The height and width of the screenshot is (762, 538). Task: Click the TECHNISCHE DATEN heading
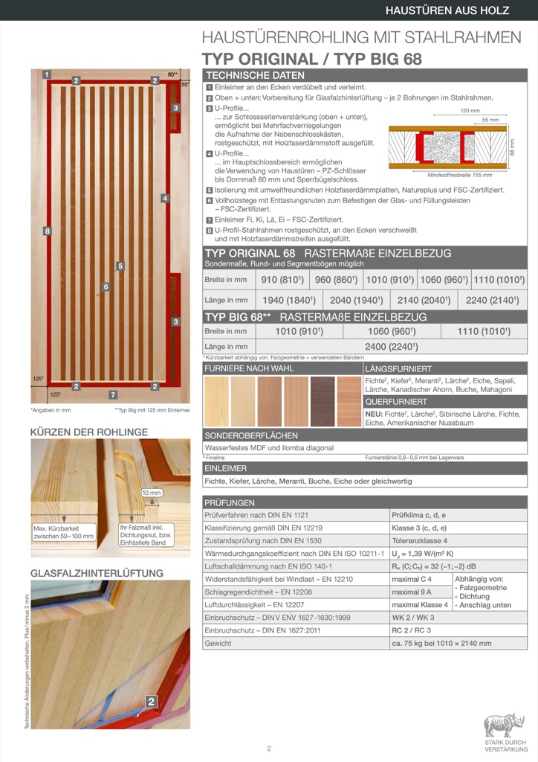255,75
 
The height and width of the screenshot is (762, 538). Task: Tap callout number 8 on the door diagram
47,231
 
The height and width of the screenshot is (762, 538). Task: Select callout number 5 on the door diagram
120,266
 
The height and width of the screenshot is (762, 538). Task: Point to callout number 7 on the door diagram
113,394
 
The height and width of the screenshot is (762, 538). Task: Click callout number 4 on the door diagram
165,198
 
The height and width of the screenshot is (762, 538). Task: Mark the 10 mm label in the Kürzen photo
151,493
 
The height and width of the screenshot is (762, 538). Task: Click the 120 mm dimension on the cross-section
468,110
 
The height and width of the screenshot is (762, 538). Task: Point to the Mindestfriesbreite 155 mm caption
461,175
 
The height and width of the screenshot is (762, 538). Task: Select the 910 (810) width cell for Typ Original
282,280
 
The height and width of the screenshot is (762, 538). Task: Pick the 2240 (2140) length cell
492,300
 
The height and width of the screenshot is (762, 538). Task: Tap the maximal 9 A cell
411,592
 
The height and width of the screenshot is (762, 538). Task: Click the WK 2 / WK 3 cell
415,618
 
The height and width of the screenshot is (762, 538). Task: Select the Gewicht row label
218,643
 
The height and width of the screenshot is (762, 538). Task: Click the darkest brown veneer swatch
323,401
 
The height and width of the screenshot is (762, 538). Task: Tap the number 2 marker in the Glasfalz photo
151,701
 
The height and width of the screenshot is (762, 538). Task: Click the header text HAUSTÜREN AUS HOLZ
456,10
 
